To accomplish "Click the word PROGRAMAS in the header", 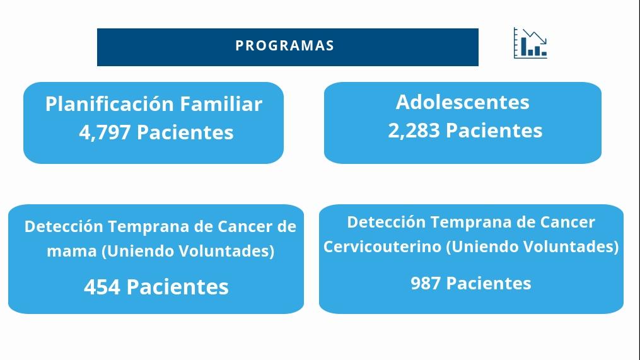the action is tap(284, 45).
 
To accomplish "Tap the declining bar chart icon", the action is tap(530, 43).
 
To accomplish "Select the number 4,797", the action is tap(105, 132).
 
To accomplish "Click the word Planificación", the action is tap(110, 103).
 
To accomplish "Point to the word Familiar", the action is tap(221, 103).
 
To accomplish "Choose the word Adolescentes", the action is tap(462, 102).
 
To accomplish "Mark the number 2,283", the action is tap(414, 131).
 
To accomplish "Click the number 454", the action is tap(102, 287).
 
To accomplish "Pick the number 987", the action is tap(426, 283).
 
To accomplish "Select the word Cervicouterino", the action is tap(382, 247).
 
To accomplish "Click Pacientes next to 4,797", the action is tap(185, 132).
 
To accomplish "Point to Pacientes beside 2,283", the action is tap(494, 131).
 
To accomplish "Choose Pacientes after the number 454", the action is tap(178, 287).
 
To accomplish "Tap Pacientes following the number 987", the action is tap(489, 283).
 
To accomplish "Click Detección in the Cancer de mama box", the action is tap(64, 226).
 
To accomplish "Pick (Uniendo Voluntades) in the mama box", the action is tap(188, 252).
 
